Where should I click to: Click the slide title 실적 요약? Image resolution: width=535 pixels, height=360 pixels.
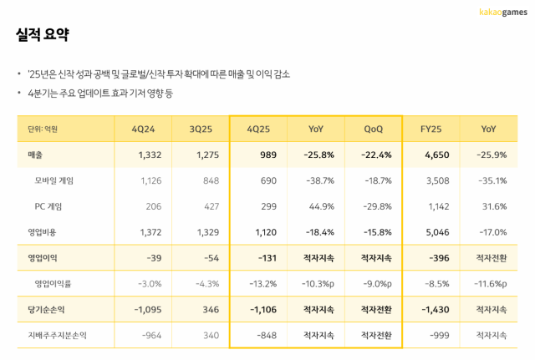[x=42, y=35]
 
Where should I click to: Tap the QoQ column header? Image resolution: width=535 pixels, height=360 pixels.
[x=374, y=129]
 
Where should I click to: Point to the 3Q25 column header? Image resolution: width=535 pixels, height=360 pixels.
[x=203, y=129]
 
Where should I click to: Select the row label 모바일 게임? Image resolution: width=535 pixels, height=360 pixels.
[x=55, y=180]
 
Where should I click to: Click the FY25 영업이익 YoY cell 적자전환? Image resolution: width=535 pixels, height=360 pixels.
[x=488, y=258]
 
